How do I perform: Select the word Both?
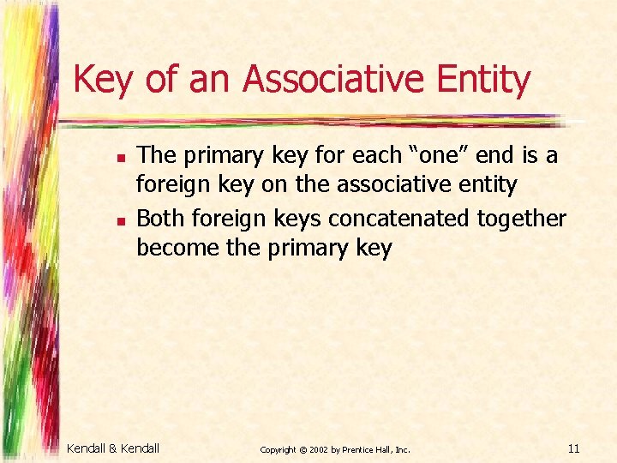point(160,219)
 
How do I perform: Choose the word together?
point(522,219)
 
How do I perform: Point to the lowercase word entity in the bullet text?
point(488,185)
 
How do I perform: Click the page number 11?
point(574,448)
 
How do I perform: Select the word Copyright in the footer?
point(278,449)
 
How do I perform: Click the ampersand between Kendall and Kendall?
point(115,448)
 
